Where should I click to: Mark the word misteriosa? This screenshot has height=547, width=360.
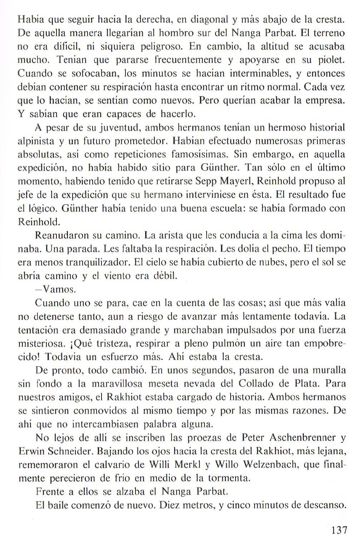[40, 343]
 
